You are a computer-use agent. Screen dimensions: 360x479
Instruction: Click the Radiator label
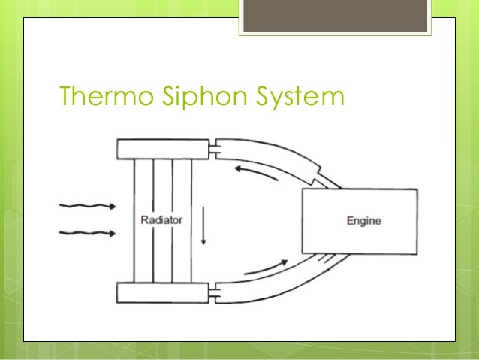click(x=162, y=220)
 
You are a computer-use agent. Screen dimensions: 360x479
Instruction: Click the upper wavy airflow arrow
click(x=86, y=205)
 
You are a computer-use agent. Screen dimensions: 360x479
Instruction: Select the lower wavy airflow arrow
click(x=86, y=234)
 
